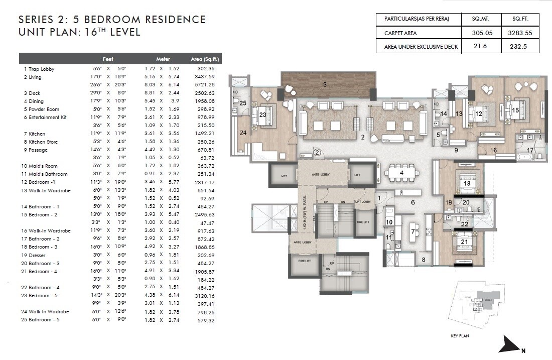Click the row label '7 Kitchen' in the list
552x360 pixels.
pos(34,134)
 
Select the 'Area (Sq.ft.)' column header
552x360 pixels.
pos(203,59)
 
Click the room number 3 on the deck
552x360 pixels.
pos(325,85)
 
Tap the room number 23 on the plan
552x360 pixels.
pos(262,114)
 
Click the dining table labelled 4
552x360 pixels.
pos(401,174)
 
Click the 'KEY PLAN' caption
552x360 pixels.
pos(460,336)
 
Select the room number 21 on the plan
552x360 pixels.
pos(465,242)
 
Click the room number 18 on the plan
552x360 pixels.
pos(467,184)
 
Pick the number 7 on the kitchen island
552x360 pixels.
pos(413,231)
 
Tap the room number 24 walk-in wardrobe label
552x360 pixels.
pos(242,133)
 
